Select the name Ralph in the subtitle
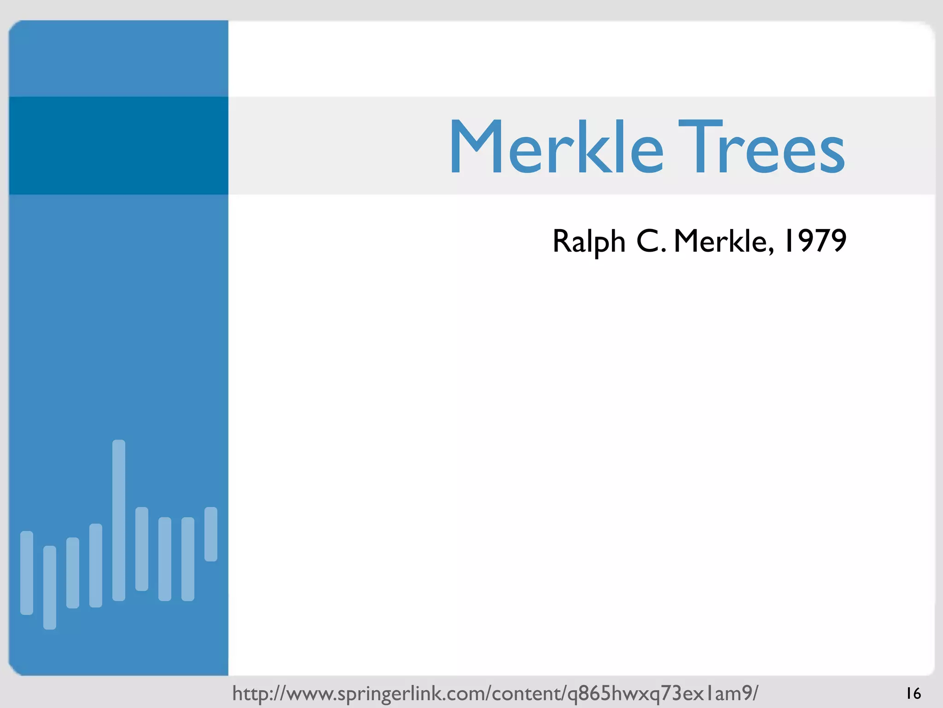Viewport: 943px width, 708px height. click(588, 241)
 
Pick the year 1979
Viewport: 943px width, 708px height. click(815, 240)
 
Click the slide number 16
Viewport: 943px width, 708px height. click(913, 693)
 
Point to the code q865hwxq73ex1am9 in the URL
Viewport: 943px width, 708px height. click(658, 693)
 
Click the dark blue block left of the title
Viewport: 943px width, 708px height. click(118, 146)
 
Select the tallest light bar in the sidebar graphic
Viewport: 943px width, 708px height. click(119, 520)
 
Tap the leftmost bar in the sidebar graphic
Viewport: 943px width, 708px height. click(27, 572)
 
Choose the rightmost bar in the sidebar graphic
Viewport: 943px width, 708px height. click(211, 534)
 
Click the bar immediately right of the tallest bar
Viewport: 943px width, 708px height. click(142, 549)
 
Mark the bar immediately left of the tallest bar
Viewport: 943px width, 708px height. click(96, 565)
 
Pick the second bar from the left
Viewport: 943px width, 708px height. click(50, 587)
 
